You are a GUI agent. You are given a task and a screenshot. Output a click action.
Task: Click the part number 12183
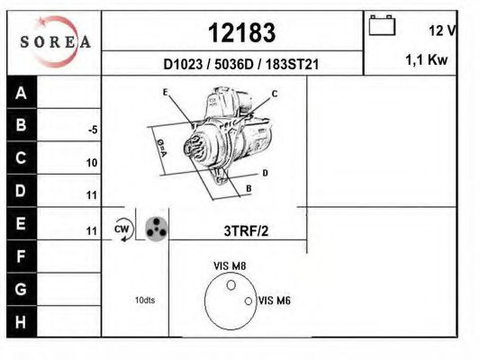[241, 32]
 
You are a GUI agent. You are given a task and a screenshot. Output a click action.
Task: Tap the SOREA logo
[55, 41]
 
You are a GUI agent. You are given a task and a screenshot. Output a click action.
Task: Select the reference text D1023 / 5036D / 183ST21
[242, 65]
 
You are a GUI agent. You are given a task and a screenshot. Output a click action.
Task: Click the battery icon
[382, 26]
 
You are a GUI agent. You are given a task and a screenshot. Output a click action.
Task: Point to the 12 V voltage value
[441, 31]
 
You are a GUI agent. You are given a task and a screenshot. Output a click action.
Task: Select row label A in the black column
[22, 94]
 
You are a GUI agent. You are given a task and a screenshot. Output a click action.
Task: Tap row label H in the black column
[22, 321]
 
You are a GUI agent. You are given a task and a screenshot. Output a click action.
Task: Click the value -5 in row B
[92, 130]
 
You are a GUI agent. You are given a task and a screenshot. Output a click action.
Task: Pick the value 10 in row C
[92, 163]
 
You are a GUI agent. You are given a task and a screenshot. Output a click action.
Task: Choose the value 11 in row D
[92, 195]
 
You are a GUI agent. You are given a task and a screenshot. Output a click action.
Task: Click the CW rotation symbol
[122, 229]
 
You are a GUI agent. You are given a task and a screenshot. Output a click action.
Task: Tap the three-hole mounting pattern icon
[155, 229]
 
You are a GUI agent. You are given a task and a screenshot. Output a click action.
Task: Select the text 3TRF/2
[246, 230]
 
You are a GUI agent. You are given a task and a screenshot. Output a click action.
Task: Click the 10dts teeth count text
[145, 300]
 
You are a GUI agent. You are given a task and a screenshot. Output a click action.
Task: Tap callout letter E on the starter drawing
[166, 93]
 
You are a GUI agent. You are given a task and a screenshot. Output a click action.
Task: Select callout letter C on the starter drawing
[275, 94]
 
